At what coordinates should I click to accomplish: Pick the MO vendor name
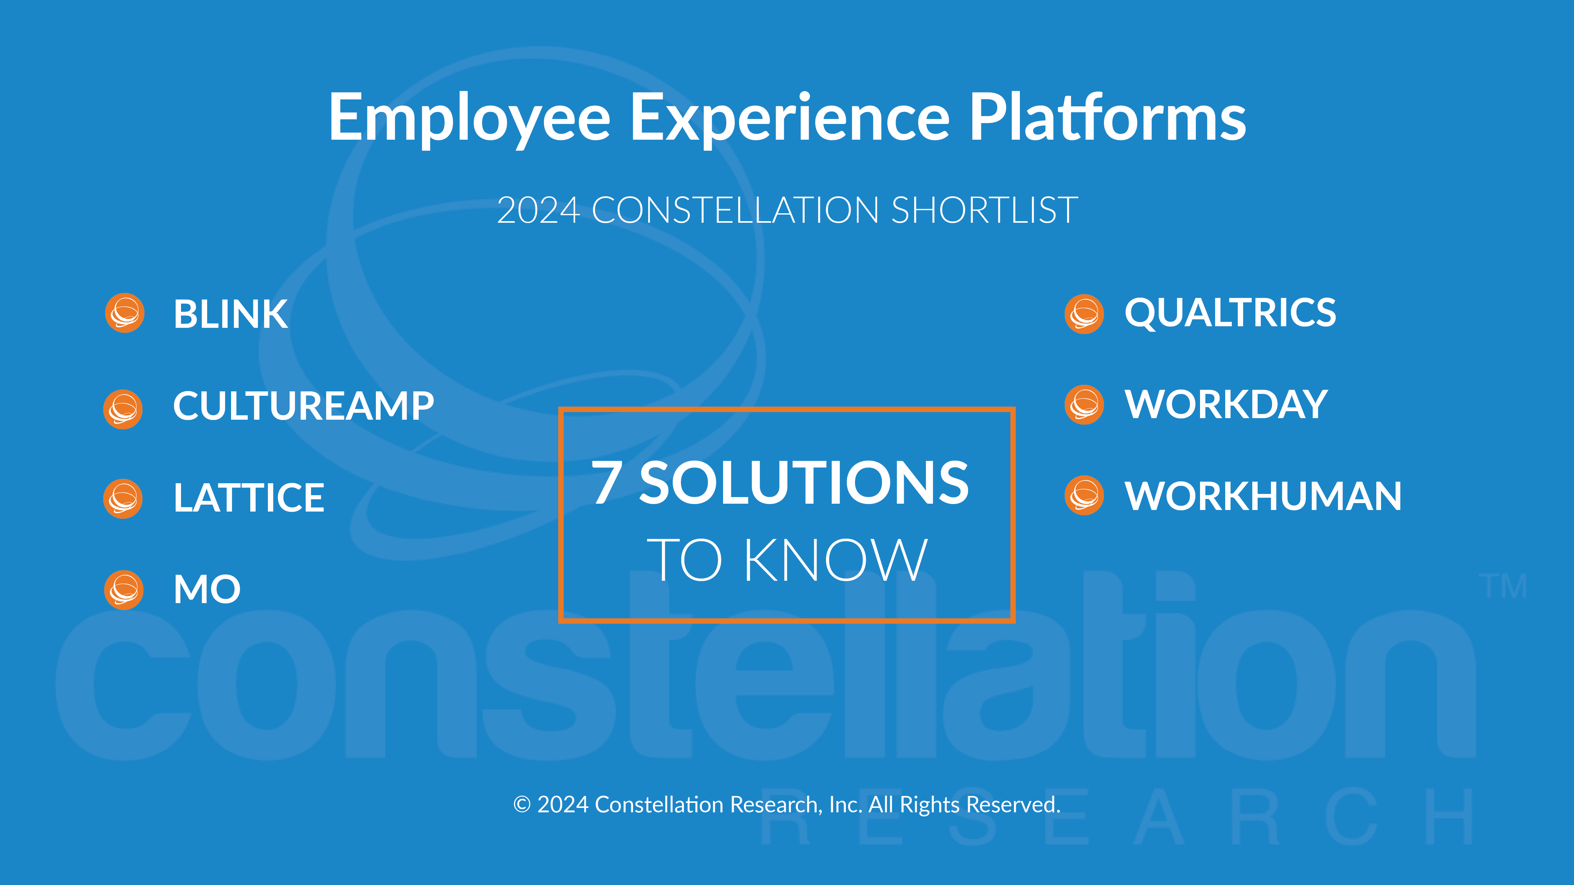(x=207, y=589)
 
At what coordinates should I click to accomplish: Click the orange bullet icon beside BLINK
(x=125, y=313)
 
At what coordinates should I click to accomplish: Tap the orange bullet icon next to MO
(x=124, y=590)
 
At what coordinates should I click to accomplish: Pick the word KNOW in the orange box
(x=836, y=560)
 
